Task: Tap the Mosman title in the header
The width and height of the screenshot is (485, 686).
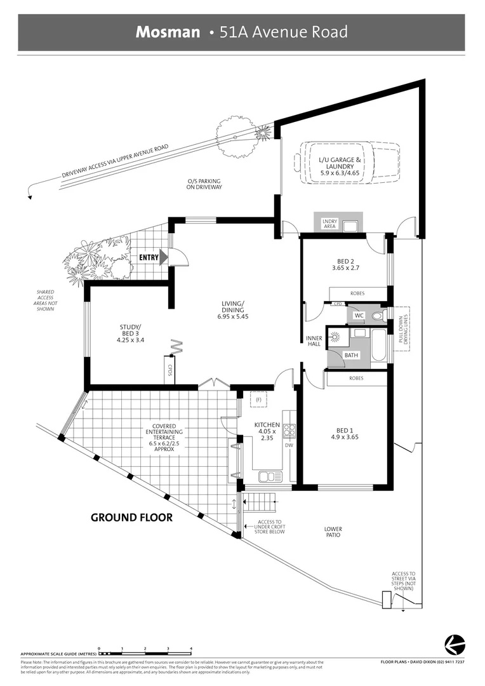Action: coord(168,32)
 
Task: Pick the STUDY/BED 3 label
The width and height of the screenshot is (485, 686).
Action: coord(131,333)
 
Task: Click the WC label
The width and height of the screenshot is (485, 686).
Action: coord(357,315)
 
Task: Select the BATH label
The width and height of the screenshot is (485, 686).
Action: coord(350,356)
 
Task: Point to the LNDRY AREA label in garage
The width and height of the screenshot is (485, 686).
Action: coord(330,223)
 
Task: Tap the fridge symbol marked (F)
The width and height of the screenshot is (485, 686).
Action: coord(258,400)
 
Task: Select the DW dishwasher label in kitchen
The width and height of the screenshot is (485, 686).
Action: coord(289,445)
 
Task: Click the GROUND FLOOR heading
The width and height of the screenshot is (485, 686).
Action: coord(131,518)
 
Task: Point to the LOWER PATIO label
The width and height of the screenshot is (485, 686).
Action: coord(333,532)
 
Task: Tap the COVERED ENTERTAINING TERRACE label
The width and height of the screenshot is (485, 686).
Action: coord(150,437)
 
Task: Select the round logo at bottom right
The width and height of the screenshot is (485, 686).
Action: coord(454,642)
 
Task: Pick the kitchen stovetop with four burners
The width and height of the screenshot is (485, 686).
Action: coord(289,431)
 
